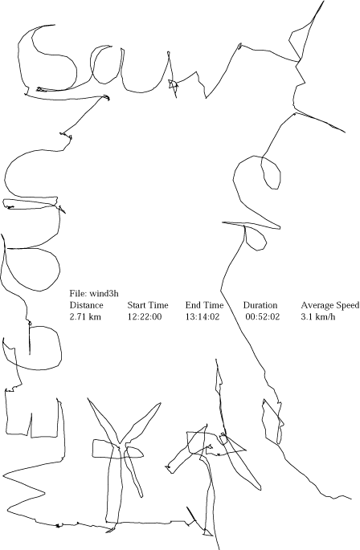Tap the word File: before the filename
[x=79, y=294]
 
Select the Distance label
[x=86, y=305]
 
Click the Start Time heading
[x=148, y=305]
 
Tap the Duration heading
[x=260, y=305]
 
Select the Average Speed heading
[x=329, y=305]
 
